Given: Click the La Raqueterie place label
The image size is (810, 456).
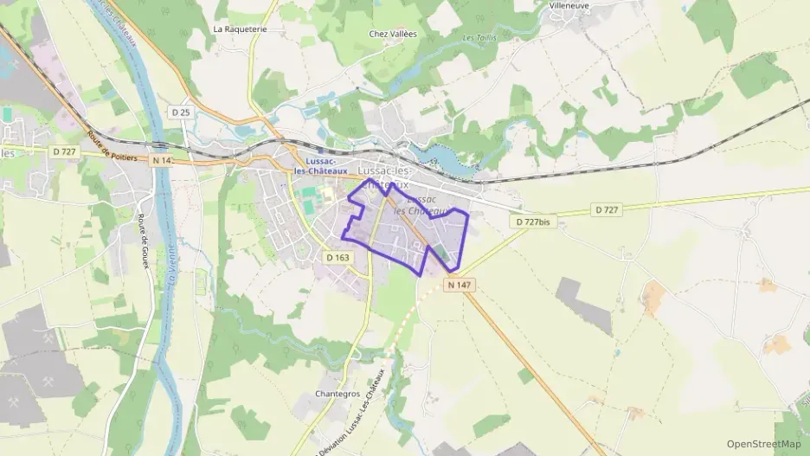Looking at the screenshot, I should point(240,29).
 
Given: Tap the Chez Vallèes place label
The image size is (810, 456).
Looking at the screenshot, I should point(393,34).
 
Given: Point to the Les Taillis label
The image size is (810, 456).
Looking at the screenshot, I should point(479,37).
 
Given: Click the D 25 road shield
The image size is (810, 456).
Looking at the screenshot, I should point(180,112).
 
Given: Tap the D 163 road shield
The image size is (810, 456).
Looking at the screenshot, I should point(337,257).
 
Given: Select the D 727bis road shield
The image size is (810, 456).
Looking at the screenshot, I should point(532,222).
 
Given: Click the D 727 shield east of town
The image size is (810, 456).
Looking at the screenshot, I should point(607,209).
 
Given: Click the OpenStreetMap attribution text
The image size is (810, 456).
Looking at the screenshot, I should point(764,444).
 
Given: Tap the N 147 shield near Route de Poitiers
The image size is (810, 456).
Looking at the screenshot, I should point(162,160).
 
